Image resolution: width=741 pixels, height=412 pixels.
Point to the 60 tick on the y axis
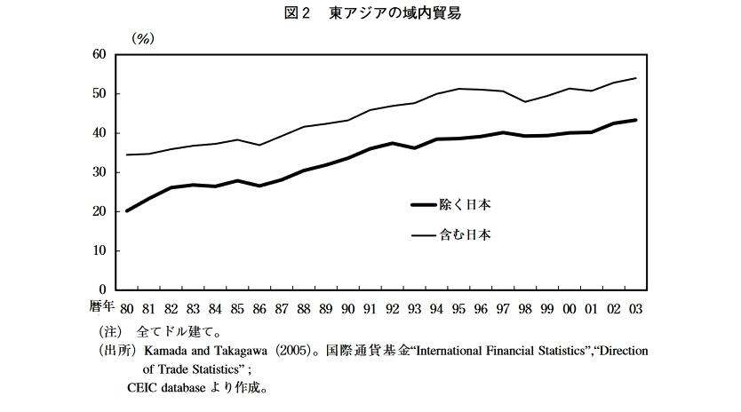click(98, 55)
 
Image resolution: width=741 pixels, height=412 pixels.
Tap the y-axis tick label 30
click(98, 172)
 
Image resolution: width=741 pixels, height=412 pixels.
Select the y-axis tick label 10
click(98, 250)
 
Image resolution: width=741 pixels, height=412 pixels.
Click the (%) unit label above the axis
click(142, 38)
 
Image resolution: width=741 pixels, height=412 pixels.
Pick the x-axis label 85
click(236, 308)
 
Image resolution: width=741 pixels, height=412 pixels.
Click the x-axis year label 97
click(503, 308)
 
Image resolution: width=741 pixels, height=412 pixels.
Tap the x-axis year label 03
click(636, 308)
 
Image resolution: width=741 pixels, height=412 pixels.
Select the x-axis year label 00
click(570, 308)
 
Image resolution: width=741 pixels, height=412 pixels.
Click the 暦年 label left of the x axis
click(101, 307)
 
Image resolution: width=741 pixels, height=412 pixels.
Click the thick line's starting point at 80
click(126, 211)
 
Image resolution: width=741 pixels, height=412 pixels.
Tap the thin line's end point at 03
click(636, 78)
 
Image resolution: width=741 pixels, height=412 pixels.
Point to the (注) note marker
click(108, 331)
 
